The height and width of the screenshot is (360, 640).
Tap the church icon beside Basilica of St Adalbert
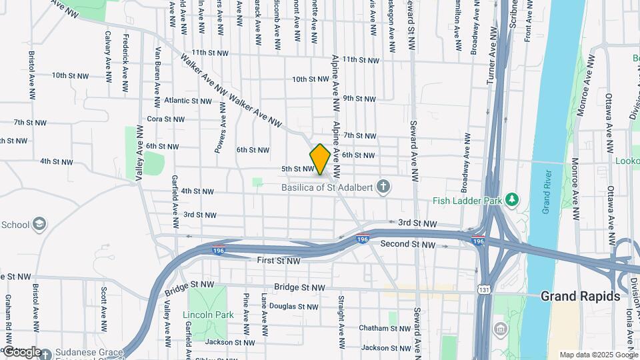383,187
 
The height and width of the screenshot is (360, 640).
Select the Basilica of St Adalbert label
325,187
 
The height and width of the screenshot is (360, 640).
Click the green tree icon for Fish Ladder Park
512,199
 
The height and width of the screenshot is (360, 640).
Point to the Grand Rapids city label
580,296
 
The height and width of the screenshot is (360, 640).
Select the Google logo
22,351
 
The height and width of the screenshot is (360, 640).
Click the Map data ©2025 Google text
598,355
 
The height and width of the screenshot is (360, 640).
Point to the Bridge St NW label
300,287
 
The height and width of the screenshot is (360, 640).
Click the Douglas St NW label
294,307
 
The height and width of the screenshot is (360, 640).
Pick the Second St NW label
408,245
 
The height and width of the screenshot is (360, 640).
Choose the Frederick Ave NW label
125,61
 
